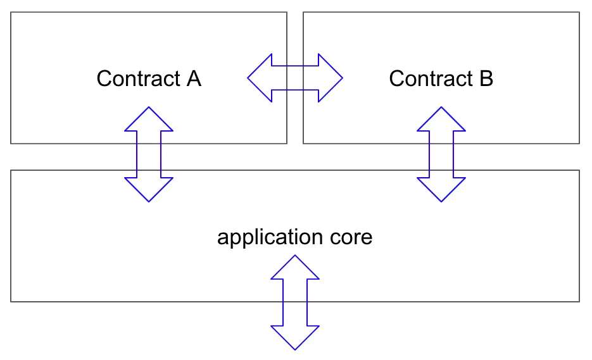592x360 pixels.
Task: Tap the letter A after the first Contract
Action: [x=193, y=78]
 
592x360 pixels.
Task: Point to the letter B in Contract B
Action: [x=486, y=78]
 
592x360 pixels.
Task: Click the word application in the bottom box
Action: [x=267, y=237]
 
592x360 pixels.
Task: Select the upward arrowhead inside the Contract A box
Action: [x=149, y=120]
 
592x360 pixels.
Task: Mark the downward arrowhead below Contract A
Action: [x=149, y=189]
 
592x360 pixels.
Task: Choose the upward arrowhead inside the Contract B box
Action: [x=441, y=120]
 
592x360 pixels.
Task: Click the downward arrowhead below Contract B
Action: [x=441, y=189]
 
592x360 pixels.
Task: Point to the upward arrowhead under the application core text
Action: [x=295, y=267]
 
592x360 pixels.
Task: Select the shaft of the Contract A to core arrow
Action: [x=149, y=154]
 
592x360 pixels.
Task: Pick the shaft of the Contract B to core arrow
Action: [x=441, y=154]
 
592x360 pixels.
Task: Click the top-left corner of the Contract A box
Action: [x=11, y=12]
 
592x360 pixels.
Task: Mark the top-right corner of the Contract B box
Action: [x=579, y=12]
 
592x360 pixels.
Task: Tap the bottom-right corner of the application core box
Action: [x=579, y=301]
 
